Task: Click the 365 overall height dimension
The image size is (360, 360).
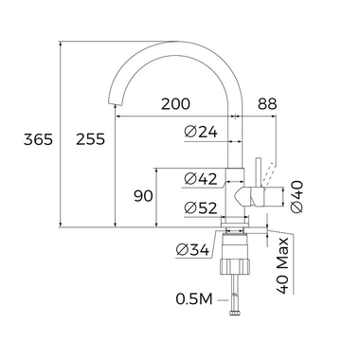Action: (38, 139)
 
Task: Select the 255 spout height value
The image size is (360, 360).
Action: (90, 139)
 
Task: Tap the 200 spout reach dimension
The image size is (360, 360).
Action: (176, 104)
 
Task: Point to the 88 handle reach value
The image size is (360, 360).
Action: (267, 104)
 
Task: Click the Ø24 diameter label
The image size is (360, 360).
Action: (201, 132)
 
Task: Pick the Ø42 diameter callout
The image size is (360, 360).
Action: (201, 179)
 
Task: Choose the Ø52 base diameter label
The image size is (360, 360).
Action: (201, 207)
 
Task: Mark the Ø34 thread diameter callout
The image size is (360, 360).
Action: (193, 250)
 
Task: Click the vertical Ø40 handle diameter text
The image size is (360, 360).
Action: (297, 196)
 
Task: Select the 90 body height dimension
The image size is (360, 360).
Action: (143, 196)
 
